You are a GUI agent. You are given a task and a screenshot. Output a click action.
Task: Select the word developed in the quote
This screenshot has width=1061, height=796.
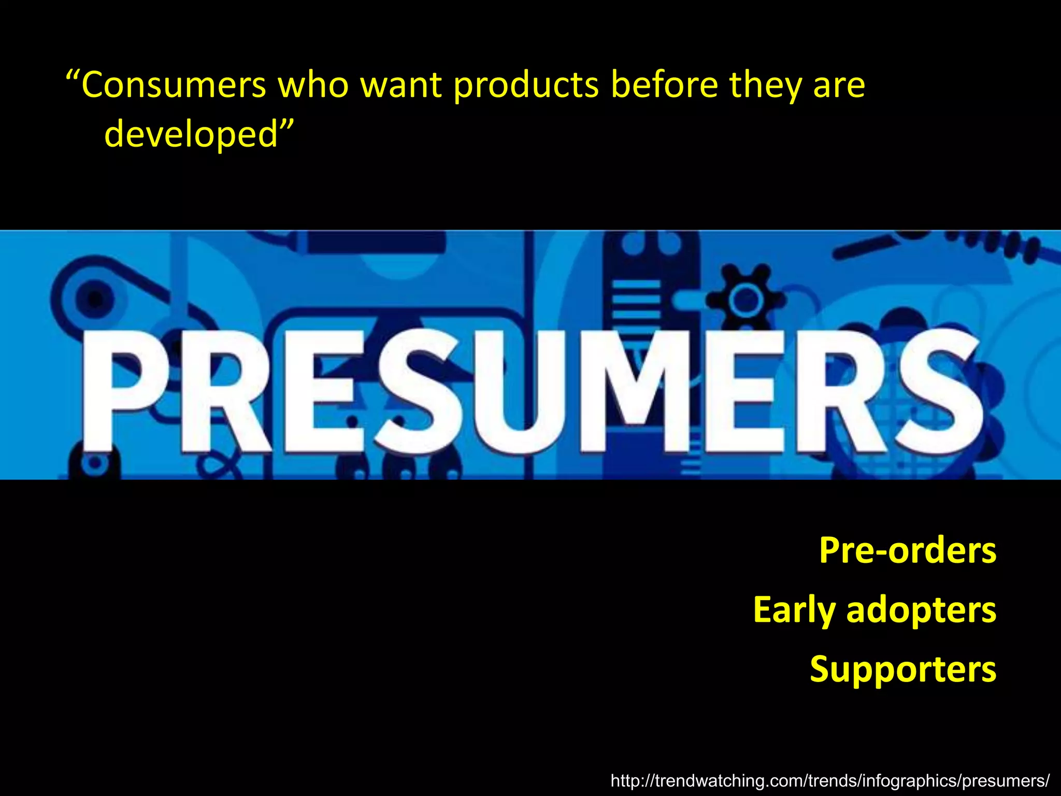192,134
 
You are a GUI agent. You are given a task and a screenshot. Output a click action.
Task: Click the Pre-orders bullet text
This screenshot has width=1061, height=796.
907,550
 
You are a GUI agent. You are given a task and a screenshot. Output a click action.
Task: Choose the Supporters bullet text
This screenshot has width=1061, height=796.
902,669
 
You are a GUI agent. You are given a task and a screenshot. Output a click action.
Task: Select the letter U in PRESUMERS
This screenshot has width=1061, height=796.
518,394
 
